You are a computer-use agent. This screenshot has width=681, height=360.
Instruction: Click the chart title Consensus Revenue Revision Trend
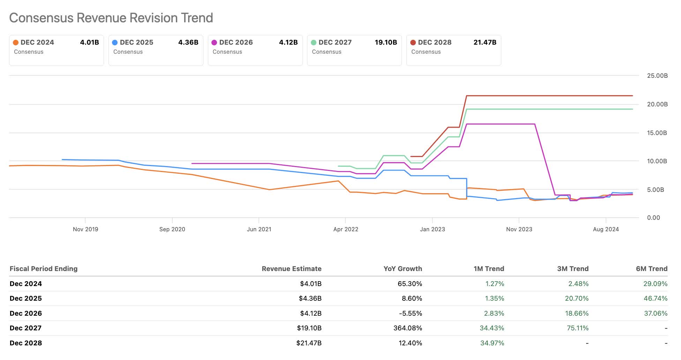pos(111,18)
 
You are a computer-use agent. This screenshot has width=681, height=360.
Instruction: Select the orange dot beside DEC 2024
pos(16,43)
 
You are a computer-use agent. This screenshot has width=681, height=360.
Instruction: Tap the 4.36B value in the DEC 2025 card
pos(188,43)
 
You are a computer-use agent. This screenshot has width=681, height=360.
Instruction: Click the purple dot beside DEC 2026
pos(214,43)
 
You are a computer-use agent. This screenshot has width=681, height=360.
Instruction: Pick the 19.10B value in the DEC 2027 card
pos(386,43)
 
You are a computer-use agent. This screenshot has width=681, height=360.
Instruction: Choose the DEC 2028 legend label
pos(434,43)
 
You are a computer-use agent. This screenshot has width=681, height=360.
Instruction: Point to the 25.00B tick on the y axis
pos(657,76)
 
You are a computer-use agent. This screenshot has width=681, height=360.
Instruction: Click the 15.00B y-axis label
pos(657,133)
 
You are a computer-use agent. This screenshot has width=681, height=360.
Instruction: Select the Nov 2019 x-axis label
pos(85,229)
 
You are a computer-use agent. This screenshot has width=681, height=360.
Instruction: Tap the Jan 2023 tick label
pos(432,229)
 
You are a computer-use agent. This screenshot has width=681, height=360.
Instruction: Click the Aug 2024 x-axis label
pos(606,229)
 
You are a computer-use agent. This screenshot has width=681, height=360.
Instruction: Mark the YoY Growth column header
pos(403,269)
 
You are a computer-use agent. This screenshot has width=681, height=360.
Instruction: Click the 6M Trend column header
pos(651,269)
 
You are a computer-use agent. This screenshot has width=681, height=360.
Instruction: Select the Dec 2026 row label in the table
pos(26,313)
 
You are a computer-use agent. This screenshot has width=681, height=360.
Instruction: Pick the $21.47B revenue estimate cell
pos(309,343)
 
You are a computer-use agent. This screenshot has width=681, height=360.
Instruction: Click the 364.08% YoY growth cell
pos(407,328)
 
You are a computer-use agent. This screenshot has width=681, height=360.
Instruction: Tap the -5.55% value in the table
pos(410,313)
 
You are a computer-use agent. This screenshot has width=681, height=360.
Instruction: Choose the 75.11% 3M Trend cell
pos(577,328)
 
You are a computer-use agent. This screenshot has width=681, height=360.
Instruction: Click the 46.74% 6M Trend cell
pos(655,298)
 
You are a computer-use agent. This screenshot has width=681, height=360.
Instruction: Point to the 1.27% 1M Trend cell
pos(494,284)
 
